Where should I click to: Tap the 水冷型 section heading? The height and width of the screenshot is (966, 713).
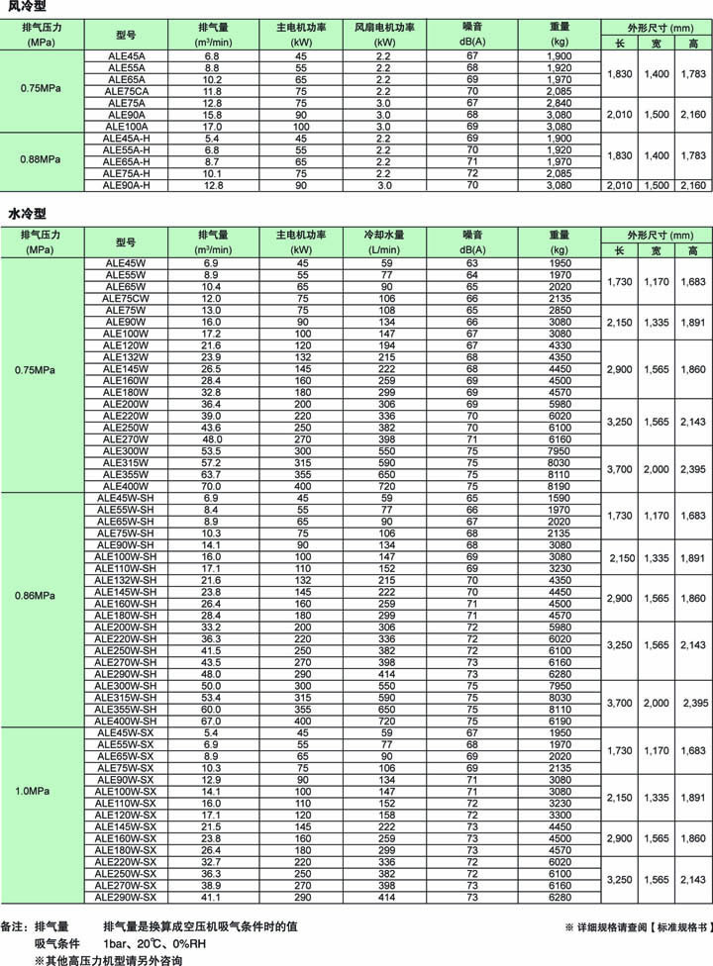(24, 213)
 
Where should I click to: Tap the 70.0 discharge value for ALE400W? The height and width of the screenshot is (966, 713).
(212, 487)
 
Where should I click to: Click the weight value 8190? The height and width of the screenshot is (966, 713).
(560, 487)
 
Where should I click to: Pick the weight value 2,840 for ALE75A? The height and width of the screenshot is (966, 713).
(560, 103)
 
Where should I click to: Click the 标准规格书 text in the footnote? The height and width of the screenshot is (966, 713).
(678, 928)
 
